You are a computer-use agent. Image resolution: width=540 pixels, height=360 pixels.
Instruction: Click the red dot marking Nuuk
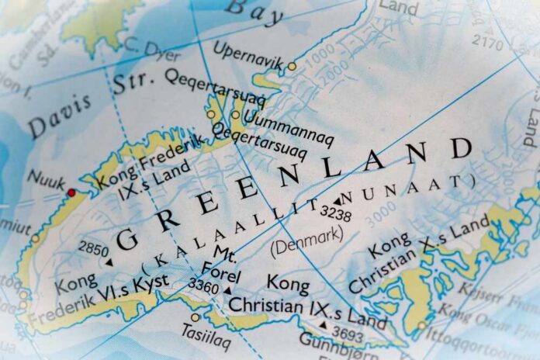click(x=71, y=192)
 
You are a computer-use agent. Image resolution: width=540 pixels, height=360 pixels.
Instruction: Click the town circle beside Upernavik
click(x=292, y=66)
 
